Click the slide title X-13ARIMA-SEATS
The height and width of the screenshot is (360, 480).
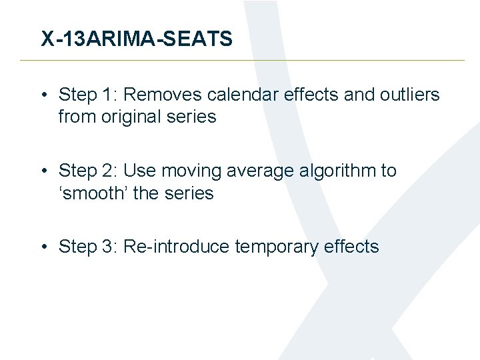(x=137, y=39)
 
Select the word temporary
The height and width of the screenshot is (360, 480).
(x=275, y=247)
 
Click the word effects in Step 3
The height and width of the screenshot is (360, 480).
(x=351, y=247)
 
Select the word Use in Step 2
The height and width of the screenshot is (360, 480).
(x=138, y=171)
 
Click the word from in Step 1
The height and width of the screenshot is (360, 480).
(x=77, y=117)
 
